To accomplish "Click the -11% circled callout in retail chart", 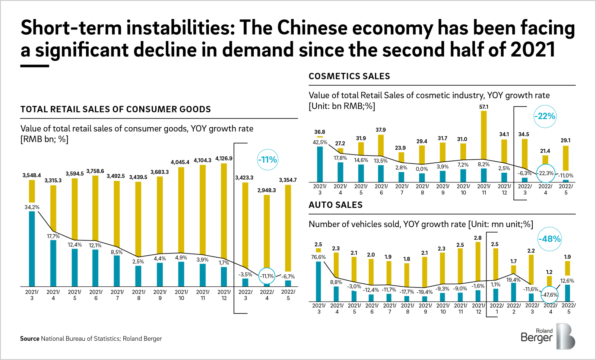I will (x=267, y=160).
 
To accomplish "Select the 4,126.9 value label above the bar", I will (x=223, y=159).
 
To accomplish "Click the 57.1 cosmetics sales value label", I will (x=484, y=107).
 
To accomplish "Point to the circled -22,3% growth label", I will (x=545, y=173).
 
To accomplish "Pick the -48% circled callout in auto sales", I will (x=549, y=239).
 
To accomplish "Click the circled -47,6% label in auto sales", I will (x=550, y=295).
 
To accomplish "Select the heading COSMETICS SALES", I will (x=349, y=76).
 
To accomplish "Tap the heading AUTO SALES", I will (x=335, y=205).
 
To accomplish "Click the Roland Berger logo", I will (x=548, y=336).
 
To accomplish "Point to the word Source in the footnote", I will (x=29, y=339).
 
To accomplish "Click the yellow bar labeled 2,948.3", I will (x=267, y=231).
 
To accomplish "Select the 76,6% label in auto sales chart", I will (x=318, y=257).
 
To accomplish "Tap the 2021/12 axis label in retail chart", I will (x=224, y=295).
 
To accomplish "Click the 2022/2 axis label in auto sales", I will (x=514, y=308).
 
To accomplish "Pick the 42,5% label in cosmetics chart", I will (x=320, y=142).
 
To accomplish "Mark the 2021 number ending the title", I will (x=533, y=50).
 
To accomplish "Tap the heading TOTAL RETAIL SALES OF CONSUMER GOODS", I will (x=115, y=109).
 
